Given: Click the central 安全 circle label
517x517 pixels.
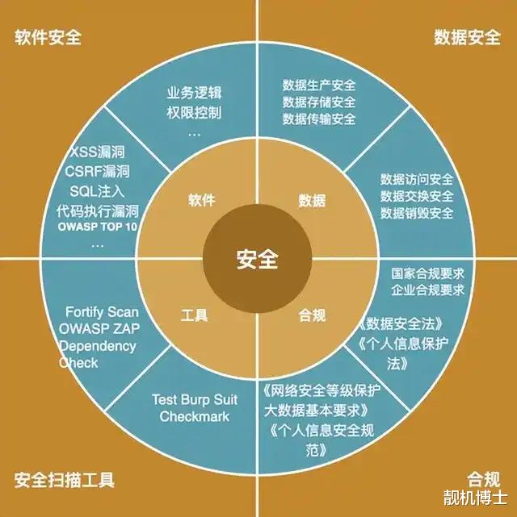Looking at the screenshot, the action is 258,260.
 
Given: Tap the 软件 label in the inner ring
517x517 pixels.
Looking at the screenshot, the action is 202,200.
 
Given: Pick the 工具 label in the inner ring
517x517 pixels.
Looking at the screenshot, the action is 195,315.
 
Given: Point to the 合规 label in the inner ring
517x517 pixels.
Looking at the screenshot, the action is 312,315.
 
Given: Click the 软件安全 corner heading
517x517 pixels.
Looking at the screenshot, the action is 48,38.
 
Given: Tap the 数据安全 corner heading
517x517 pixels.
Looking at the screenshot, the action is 467,38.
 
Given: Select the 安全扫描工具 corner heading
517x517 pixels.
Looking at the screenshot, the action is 65,481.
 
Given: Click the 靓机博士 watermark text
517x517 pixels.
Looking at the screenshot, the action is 474,495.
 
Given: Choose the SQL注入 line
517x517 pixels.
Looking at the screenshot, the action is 97,190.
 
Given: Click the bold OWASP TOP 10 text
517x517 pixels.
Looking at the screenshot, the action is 98,228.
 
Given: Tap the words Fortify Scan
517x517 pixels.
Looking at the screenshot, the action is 102,312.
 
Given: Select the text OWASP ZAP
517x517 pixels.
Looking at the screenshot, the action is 99,329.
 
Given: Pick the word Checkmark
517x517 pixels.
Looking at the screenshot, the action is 194,416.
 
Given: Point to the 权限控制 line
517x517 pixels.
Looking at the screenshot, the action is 194,112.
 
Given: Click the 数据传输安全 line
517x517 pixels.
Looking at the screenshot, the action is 319,119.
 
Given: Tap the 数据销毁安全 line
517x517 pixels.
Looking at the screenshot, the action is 417,213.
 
